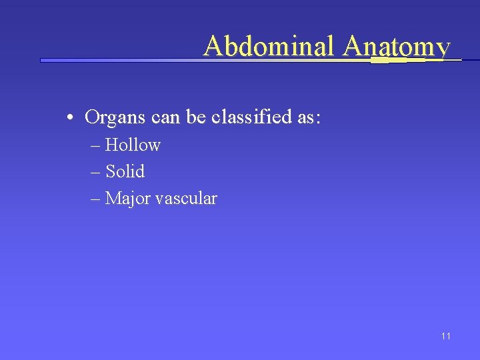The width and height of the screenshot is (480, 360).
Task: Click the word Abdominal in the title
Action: tap(271, 46)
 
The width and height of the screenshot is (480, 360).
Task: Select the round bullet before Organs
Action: tap(70, 119)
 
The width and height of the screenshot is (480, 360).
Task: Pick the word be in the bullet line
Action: tap(196, 117)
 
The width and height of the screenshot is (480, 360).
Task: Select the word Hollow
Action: tap(133, 145)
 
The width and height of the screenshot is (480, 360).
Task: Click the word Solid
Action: tap(125, 171)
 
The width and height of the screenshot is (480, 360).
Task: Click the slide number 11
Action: tap(445, 336)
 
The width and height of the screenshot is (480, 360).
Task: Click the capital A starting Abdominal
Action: tap(213, 46)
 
